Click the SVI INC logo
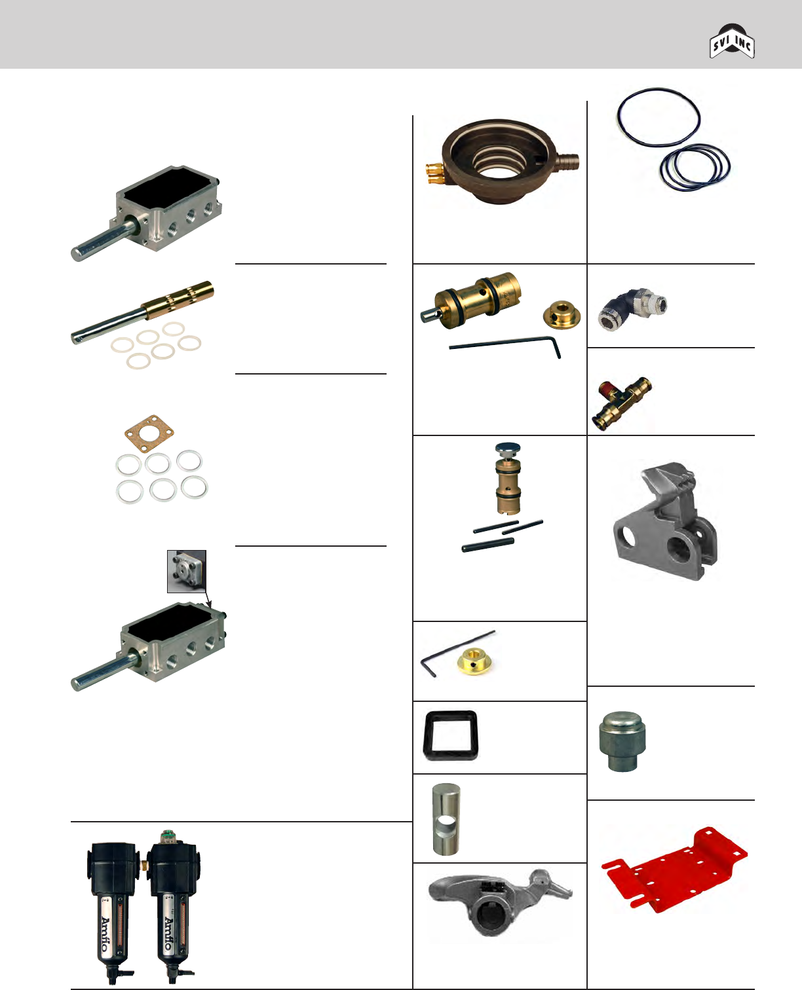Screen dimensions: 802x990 tap(733, 43)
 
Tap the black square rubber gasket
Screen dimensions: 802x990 tap(451, 735)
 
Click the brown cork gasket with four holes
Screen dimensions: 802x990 tap(149, 431)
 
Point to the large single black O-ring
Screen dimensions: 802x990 tap(659, 116)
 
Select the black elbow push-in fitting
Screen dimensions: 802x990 tap(632, 307)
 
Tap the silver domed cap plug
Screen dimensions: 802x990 tap(618, 742)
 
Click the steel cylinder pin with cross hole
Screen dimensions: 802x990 tap(446, 820)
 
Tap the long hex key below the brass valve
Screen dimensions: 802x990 tap(505, 344)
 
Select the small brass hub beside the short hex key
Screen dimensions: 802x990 tap(476, 663)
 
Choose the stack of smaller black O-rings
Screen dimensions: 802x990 tap(695, 167)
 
